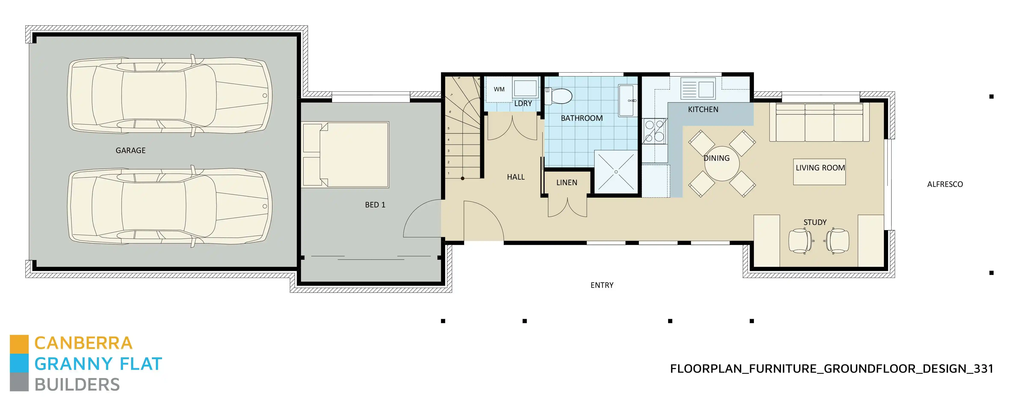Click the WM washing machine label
click(499, 89)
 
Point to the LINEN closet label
click(566, 183)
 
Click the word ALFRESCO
click(945, 184)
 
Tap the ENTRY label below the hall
click(602, 285)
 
